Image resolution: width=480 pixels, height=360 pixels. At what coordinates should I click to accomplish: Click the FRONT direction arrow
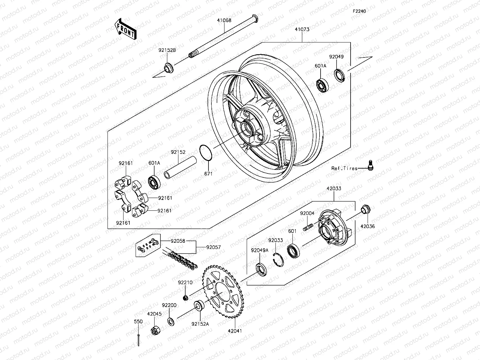click(125, 29)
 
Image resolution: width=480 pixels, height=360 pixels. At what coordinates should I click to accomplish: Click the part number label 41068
click(224, 20)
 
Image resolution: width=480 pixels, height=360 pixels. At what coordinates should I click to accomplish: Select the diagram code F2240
click(359, 11)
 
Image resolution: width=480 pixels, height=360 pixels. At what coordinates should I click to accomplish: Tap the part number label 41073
click(302, 29)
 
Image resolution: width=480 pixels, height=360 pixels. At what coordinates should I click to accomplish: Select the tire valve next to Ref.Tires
click(371, 165)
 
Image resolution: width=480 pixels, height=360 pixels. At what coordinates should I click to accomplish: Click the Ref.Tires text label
click(344, 168)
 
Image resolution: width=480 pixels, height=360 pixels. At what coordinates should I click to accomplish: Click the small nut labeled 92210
click(186, 297)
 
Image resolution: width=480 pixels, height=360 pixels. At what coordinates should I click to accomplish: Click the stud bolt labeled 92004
click(308, 226)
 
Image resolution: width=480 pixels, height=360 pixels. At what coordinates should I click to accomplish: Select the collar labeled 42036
click(365, 209)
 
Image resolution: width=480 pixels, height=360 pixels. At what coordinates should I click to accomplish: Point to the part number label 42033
click(334, 188)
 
